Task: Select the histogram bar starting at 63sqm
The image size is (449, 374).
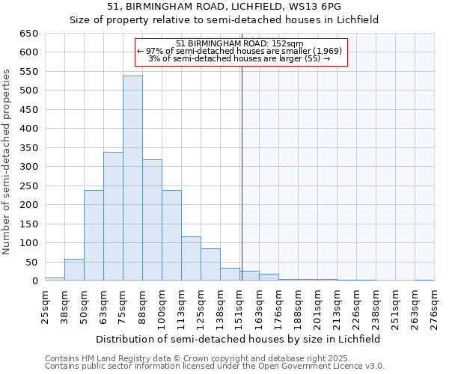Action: pos(113,216)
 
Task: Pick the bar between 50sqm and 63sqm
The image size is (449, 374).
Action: pos(94,235)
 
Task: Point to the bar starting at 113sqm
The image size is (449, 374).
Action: pos(191,259)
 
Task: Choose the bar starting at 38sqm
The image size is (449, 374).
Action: pos(74,270)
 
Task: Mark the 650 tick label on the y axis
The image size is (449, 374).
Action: pos(28,34)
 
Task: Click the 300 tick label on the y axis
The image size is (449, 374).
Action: pos(28,167)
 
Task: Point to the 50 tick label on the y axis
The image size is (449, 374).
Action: pos(31,263)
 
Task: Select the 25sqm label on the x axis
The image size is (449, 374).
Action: pos(45,305)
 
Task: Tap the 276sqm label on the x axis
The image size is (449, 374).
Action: pos(434,305)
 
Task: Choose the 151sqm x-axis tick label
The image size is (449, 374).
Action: pos(239,305)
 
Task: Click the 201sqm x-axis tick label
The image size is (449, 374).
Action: pos(317,305)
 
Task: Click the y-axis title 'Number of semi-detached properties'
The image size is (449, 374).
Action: pos(7,162)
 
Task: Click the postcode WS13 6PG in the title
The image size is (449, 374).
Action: pos(317,7)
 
